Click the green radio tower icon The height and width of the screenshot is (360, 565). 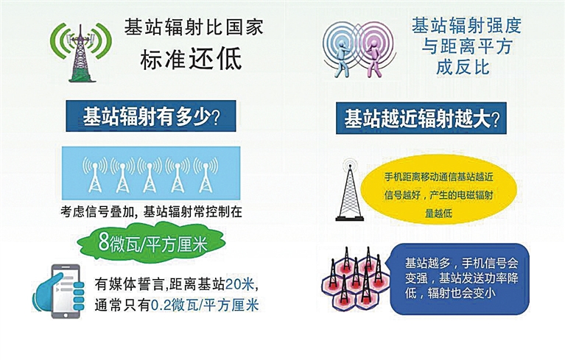(82, 53)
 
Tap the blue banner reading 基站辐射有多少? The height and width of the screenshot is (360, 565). (151, 116)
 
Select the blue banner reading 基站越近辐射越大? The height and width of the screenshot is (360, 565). (421, 118)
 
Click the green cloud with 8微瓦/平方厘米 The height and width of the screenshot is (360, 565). (151, 243)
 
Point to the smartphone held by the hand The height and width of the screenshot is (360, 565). (66, 292)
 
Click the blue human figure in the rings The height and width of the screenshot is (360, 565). (342, 57)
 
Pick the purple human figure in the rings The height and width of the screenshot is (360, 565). (373, 57)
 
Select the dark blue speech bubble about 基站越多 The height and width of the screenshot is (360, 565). (460, 279)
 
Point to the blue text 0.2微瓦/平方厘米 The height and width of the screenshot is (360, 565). (204, 306)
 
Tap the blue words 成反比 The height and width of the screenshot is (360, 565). (463, 67)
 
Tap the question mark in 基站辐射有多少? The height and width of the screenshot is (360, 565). (216, 117)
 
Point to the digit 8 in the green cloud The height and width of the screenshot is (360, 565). (104, 242)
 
